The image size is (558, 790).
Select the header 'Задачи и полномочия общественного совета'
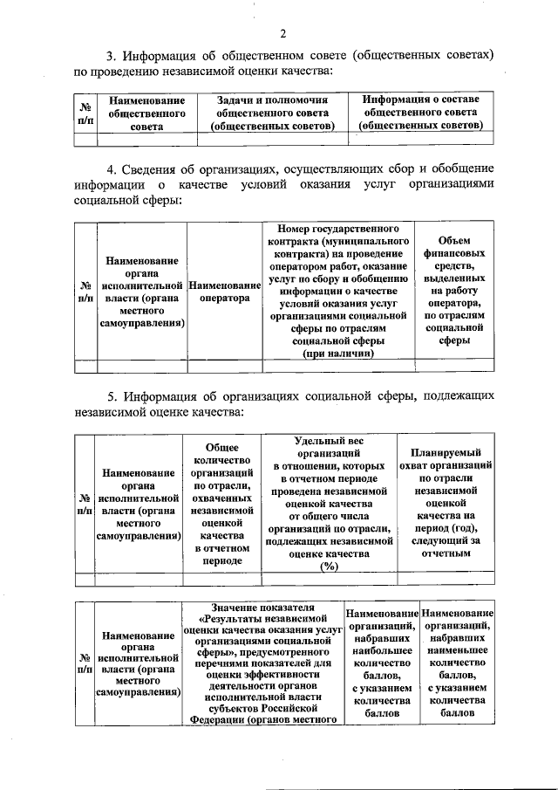click(x=272, y=113)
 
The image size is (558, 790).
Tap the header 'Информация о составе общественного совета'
click(x=420, y=113)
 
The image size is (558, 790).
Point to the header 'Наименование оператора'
click(x=224, y=292)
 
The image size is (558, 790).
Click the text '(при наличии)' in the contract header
click(x=338, y=354)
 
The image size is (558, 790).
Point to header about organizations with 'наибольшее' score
click(x=382, y=663)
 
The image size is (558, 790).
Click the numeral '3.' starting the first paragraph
click(x=112, y=54)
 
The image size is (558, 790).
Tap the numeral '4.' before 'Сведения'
click(x=112, y=168)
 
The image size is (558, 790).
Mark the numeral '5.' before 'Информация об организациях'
click(x=112, y=395)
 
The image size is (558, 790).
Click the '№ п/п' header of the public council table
click(x=85, y=113)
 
